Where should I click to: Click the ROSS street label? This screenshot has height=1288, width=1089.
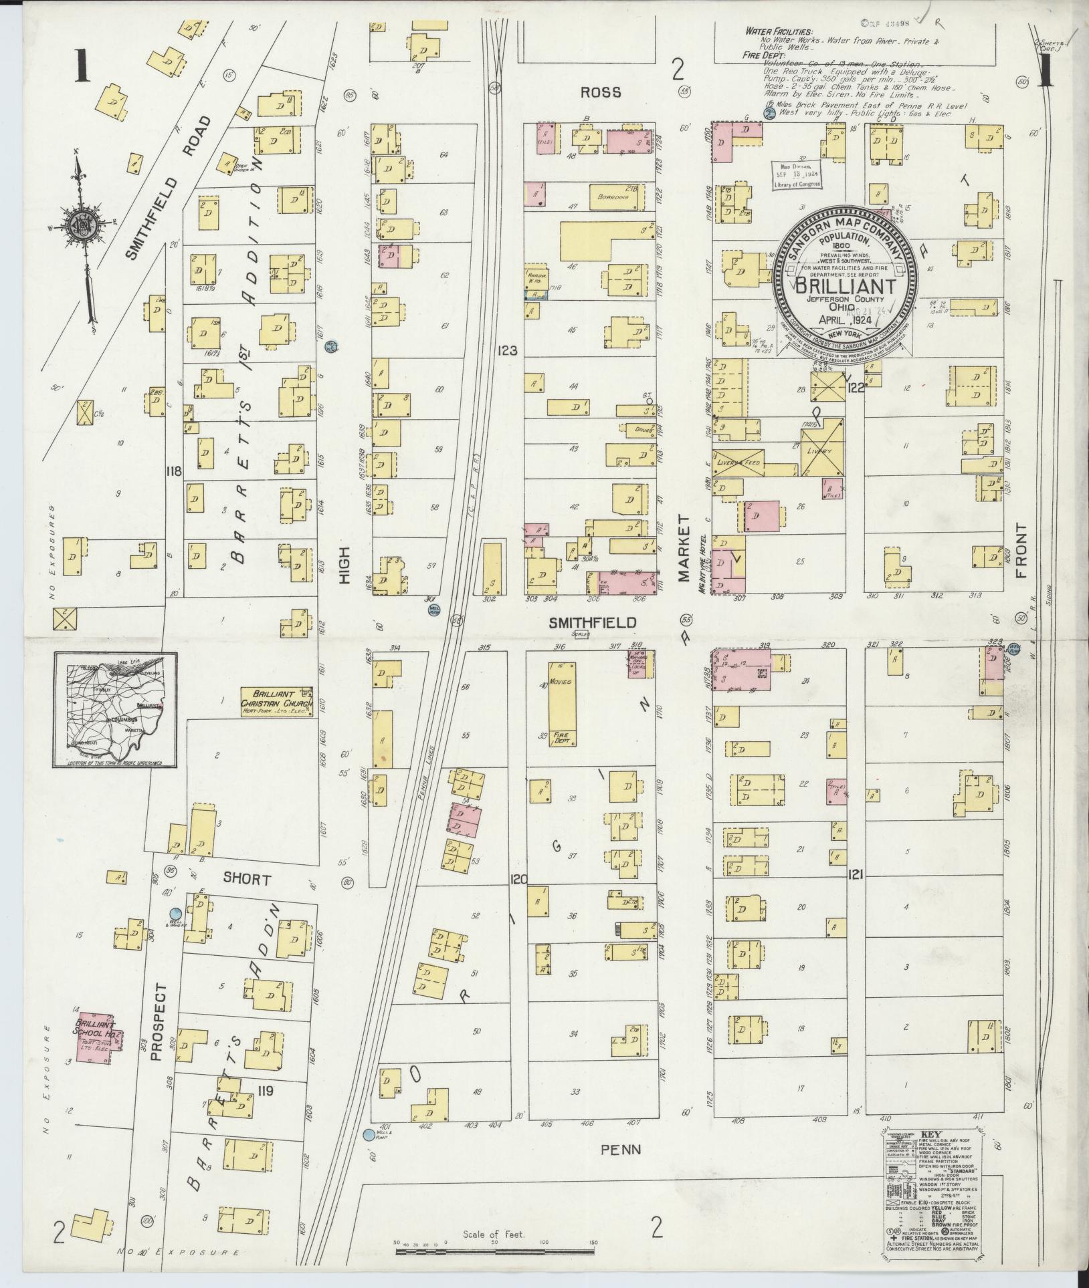(600, 92)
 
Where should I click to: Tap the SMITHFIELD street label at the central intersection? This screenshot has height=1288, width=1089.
(592, 622)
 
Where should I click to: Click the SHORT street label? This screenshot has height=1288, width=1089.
(247, 880)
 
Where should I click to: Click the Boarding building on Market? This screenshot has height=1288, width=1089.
(613, 197)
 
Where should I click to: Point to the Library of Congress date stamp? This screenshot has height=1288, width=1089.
(796, 176)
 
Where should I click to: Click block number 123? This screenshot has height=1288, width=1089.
(506, 349)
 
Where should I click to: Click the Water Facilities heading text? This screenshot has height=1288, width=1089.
(780, 31)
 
